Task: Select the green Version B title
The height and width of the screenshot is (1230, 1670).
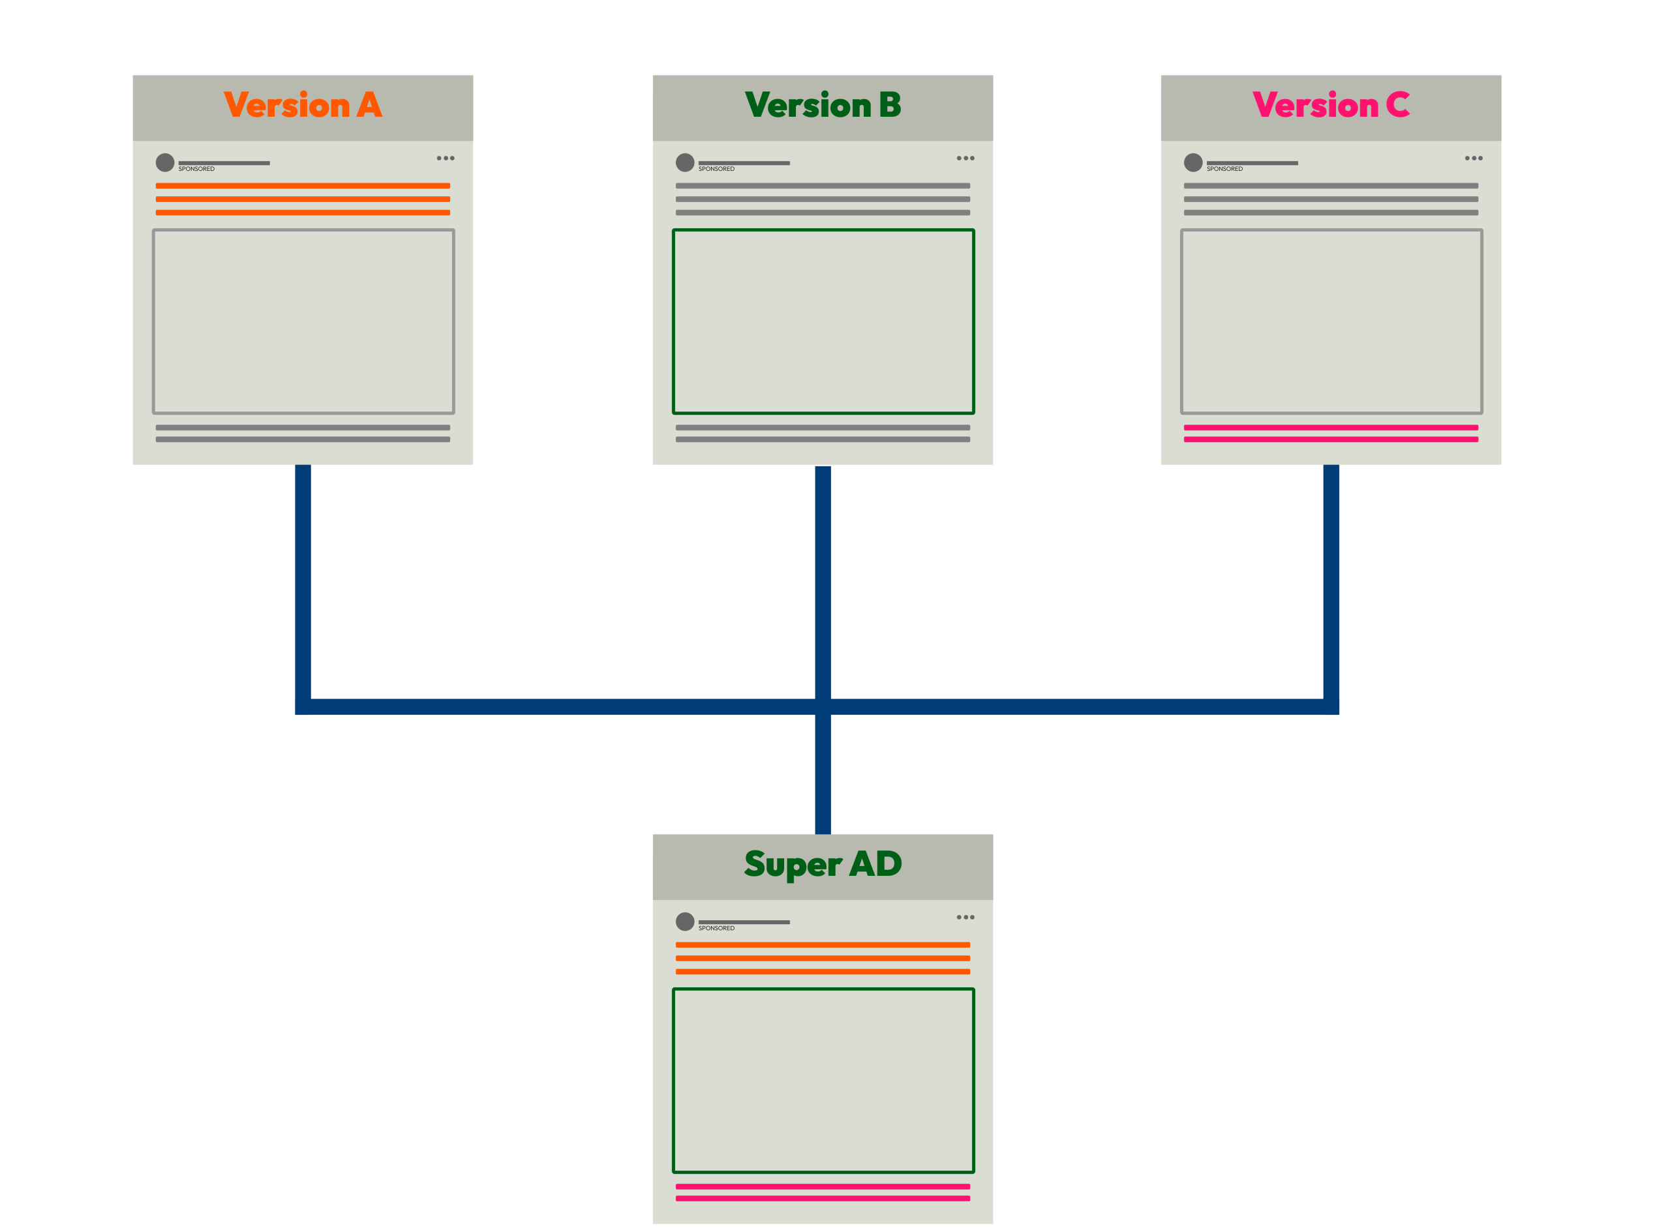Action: tap(823, 105)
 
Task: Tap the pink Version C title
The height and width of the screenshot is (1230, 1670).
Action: tap(1331, 105)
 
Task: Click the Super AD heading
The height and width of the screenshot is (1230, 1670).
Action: tap(823, 864)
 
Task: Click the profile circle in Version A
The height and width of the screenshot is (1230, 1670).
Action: tap(164, 162)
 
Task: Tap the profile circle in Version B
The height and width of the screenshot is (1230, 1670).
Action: tap(685, 162)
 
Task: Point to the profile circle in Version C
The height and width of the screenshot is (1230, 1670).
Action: tap(1192, 162)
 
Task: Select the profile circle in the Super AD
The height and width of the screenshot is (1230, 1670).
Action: tap(685, 922)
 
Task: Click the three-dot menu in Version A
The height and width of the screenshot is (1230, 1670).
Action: tap(446, 158)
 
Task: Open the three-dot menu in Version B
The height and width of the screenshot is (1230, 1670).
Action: tap(965, 158)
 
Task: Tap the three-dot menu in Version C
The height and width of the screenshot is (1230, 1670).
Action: tap(1474, 158)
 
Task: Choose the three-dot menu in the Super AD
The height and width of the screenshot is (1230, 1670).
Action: tap(965, 918)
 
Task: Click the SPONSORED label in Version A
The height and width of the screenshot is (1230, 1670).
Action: tap(196, 169)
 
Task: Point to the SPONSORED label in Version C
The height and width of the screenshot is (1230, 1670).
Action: tap(1224, 169)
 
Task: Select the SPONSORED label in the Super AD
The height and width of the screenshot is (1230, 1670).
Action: tap(716, 929)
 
